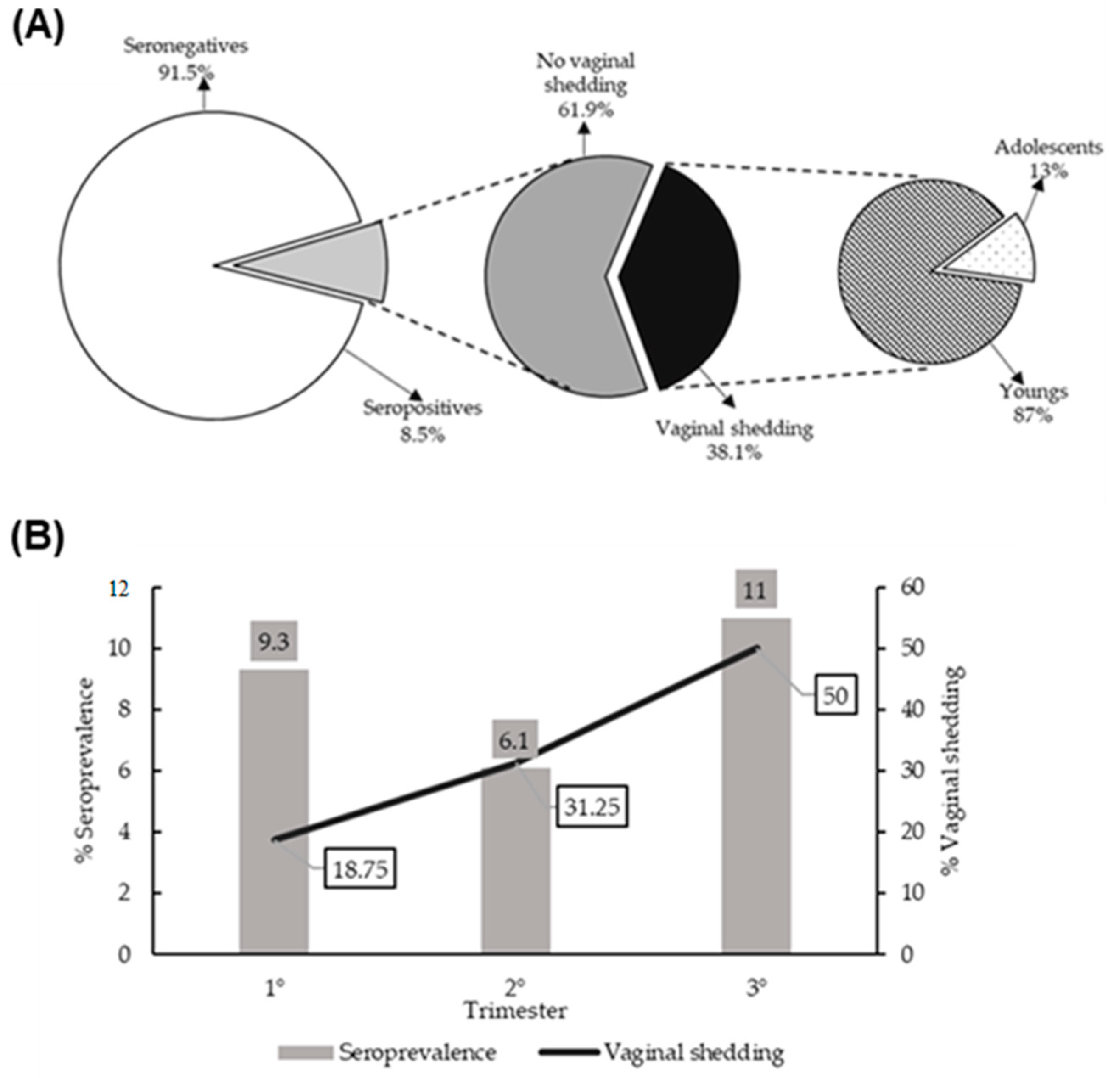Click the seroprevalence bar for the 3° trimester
click(x=756, y=794)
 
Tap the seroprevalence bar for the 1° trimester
click(x=274, y=816)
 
